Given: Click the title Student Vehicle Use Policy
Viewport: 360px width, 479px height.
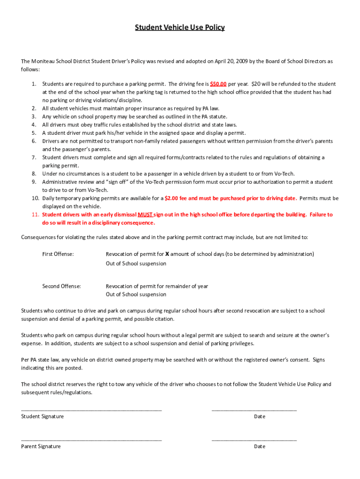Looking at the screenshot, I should click(x=180, y=28).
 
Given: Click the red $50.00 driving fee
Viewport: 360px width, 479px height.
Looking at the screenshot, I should click(x=218, y=84).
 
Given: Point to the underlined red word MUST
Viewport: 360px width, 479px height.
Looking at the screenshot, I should click(x=145, y=215).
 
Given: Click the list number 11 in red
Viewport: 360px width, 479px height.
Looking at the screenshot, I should click(x=35, y=215).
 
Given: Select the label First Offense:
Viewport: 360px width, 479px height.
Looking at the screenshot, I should click(x=58, y=254).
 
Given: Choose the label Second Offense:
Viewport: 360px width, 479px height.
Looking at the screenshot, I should click(x=61, y=286).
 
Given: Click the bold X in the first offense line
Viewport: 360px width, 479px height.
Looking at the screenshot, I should click(x=167, y=254).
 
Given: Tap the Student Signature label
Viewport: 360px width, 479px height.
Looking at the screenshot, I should click(x=43, y=416).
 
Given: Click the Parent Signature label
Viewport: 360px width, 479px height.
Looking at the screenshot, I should click(x=41, y=446).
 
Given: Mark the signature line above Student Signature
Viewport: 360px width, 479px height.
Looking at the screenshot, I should click(x=92, y=410).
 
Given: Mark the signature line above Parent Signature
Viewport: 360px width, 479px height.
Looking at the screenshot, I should click(x=92, y=440).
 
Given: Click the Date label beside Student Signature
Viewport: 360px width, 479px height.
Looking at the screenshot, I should click(x=259, y=416).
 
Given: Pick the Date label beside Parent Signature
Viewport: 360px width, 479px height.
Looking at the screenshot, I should click(x=259, y=446).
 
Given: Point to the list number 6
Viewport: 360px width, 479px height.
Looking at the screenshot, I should click(x=34, y=141).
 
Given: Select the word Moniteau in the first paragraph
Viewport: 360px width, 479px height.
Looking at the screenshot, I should click(x=45, y=61).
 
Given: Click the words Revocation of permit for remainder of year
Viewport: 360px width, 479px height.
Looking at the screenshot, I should click(x=157, y=286).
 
